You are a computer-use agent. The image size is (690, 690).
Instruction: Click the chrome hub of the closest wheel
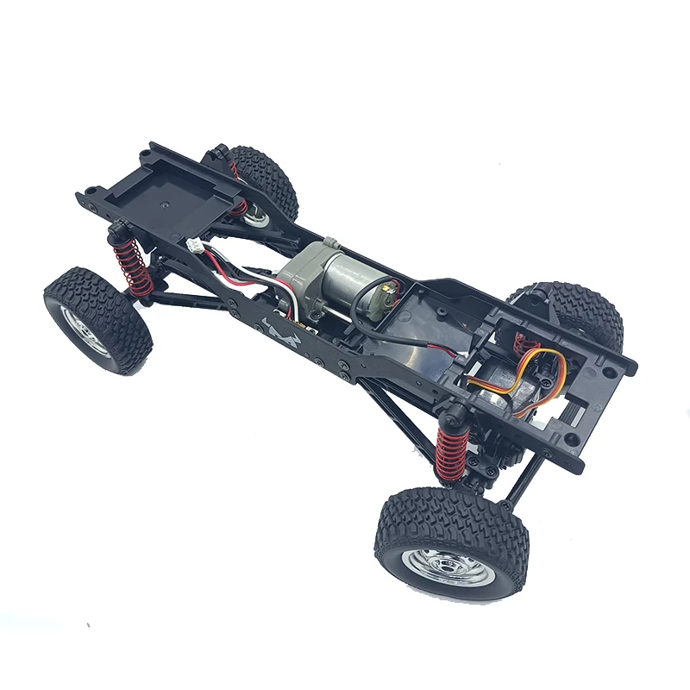click(446, 565)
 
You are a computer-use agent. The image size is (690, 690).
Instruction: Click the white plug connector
click(198, 247)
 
